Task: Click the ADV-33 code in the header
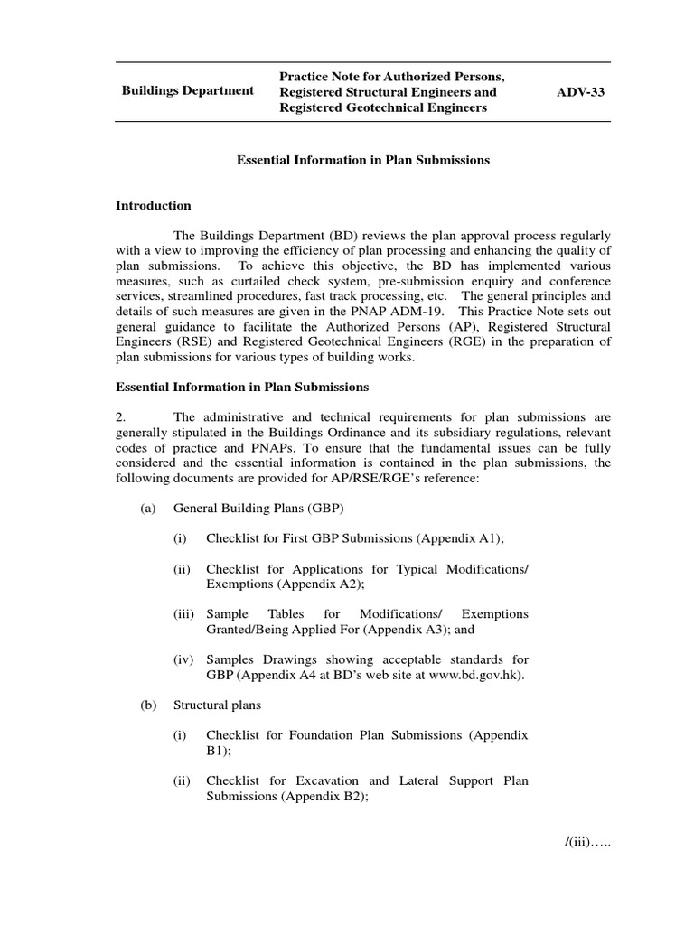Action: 584,92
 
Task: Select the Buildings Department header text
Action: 188,92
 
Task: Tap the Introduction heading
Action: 153,206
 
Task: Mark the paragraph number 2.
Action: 120,416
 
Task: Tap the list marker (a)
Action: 149,509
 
